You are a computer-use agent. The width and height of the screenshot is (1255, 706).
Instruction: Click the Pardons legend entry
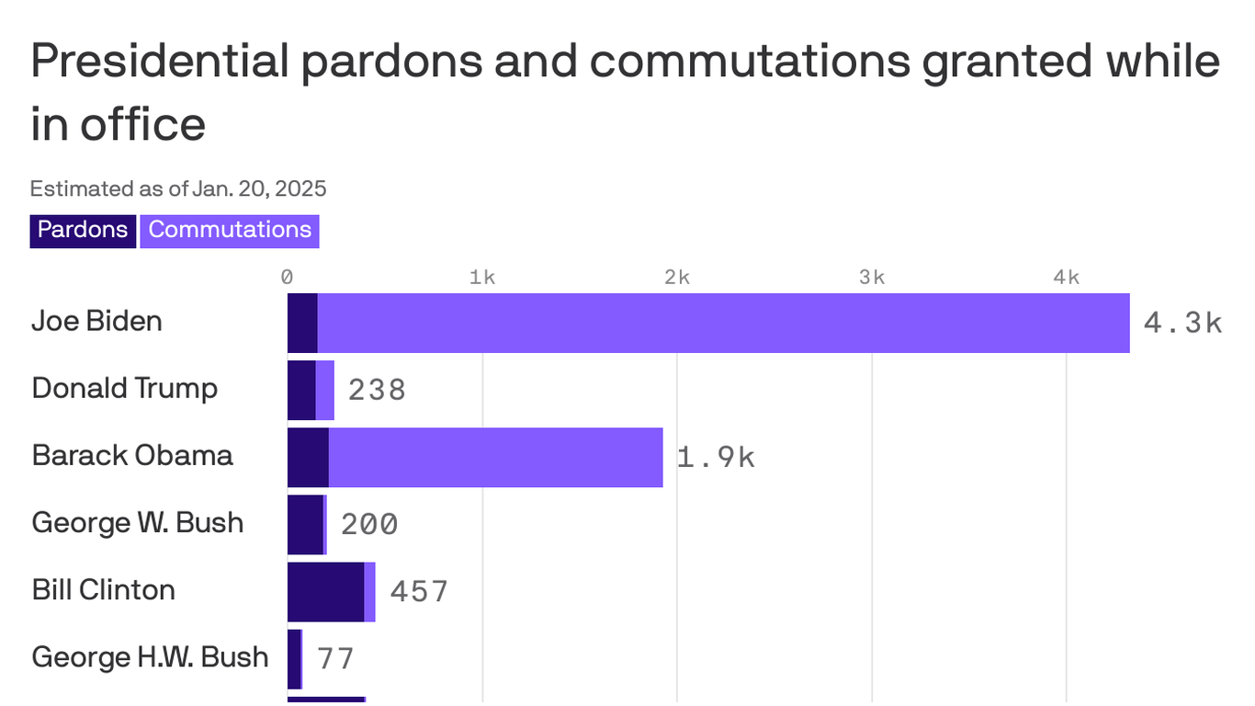coord(83,230)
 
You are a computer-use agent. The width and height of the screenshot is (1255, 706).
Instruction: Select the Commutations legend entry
coord(230,230)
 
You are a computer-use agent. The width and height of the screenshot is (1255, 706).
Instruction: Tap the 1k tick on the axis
coord(482,278)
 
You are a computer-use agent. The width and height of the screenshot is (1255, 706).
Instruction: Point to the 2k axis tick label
coord(677,278)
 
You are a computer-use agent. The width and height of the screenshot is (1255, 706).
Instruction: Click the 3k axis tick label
coord(872,278)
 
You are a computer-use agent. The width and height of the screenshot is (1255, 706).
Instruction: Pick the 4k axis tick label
coord(1067,278)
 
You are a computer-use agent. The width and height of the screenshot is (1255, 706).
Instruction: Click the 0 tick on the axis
coord(288,278)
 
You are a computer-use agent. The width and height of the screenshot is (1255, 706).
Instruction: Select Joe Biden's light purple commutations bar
coord(723,323)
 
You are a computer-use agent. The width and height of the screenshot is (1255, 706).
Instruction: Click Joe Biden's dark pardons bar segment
coord(302,323)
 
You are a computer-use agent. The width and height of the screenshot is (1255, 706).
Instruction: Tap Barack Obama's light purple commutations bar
coord(495,457)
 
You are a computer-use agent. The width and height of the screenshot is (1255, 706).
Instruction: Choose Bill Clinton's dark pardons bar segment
coord(325,592)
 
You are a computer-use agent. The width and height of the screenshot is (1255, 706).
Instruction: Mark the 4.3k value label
coord(1182,323)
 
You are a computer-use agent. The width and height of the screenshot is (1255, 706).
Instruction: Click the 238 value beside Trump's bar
coord(377,390)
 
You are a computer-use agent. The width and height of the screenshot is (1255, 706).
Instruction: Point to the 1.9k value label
coord(716,457)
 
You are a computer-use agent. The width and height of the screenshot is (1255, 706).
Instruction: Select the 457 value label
coord(419,591)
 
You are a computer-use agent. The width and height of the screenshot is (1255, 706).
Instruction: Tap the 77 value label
coord(335,658)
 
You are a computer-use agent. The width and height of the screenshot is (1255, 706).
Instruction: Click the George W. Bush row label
coord(138,523)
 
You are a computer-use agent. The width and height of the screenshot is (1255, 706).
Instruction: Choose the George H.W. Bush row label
coord(150,657)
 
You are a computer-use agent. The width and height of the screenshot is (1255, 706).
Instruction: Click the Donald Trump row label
coord(125,388)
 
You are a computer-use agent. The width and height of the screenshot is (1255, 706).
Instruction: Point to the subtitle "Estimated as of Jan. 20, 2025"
coord(178,189)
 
